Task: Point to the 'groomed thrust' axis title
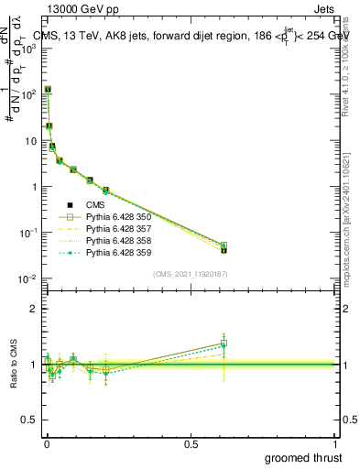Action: [303, 458]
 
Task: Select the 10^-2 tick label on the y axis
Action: [29, 279]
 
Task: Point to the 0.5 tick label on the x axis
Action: [191, 443]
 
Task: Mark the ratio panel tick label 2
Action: [34, 309]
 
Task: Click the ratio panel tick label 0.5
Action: [29, 420]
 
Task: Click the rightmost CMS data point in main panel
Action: [224, 249]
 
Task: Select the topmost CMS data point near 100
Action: [47, 90]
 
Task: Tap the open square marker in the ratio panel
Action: [224, 344]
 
